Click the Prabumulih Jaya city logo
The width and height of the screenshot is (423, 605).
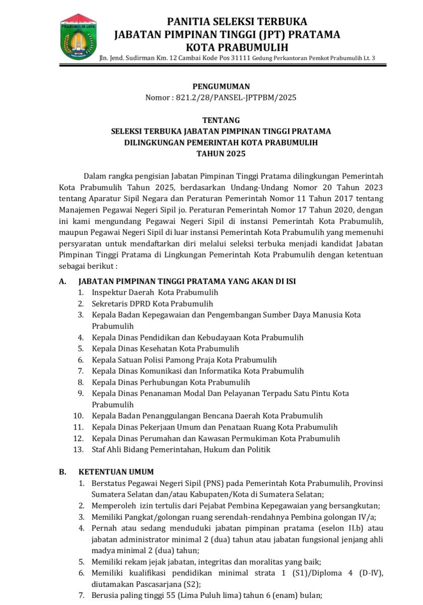78,36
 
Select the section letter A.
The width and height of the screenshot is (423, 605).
63,281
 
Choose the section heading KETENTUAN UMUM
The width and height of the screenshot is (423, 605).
116,472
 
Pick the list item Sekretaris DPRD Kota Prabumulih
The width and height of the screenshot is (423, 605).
152,304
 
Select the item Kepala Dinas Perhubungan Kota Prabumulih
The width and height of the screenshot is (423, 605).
171,382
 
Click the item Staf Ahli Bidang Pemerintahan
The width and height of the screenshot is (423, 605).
181,449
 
